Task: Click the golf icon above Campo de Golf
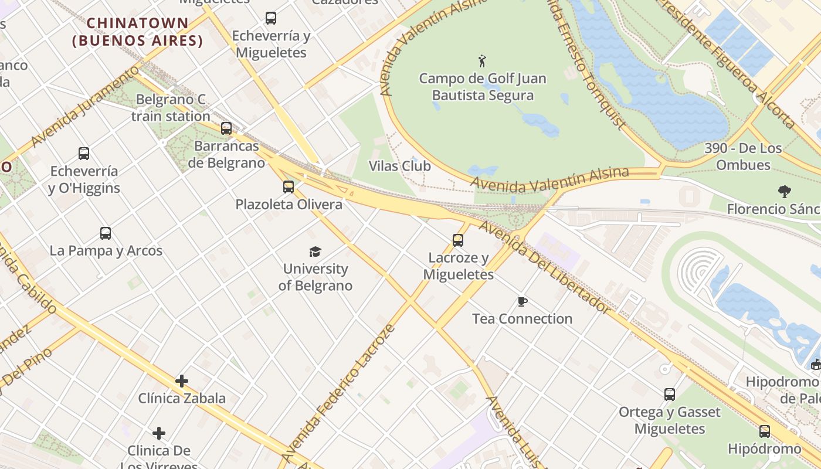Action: click(x=482, y=61)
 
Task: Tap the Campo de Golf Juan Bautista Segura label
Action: click(x=482, y=87)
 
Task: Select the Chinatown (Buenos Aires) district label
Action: click(x=138, y=32)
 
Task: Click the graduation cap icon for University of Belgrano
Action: click(x=315, y=252)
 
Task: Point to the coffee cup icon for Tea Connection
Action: click(x=522, y=302)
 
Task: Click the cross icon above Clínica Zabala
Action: click(x=182, y=381)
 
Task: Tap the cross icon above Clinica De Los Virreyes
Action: click(x=158, y=433)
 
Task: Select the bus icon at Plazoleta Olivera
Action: click(x=288, y=187)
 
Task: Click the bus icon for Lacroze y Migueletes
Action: click(x=458, y=240)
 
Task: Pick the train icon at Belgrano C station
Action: click(x=226, y=128)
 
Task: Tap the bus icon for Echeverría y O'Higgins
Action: click(x=84, y=154)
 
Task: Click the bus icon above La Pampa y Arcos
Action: click(x=106, y=233)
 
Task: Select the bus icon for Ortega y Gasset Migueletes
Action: click(x=669, y=395)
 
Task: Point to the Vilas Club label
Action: click(x=399, y=166)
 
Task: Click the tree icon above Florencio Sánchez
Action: click(x=784, y=191)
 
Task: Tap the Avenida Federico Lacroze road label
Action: click(x=338, y=393)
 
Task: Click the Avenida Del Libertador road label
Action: click(x=545, y=267)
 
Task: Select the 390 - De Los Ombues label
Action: click(x=743, y=157)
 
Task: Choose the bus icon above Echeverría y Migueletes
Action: click(x=270, y=18)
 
